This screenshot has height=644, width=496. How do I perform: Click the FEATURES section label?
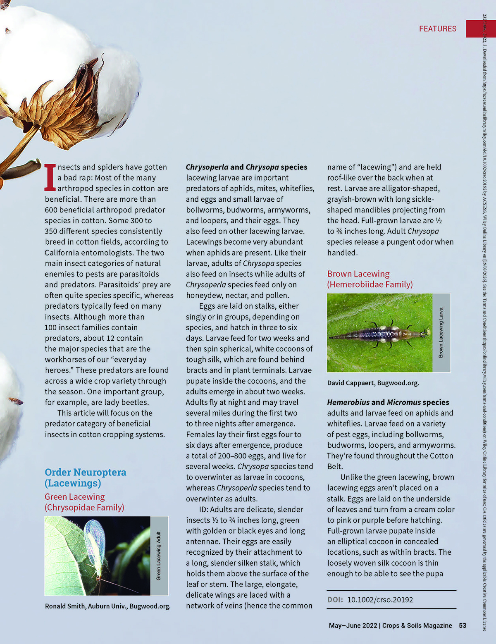click(x=437, y=29)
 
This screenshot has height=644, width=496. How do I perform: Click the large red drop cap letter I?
click(x=50, y=177)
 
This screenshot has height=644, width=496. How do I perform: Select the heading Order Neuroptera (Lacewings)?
click(x=85, y=477)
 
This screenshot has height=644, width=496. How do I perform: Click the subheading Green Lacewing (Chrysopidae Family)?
click(x=84, y=502)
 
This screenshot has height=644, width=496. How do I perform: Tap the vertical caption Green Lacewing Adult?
click(x=159, y=556)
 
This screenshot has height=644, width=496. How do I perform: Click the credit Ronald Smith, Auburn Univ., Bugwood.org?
click(x=107, y=606)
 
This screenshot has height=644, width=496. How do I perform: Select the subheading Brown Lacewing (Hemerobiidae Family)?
click(x=370, y=279)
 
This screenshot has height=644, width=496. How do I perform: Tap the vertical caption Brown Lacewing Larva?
click(x=441, y=333)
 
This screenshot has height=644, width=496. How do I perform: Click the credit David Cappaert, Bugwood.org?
click(x=373, y=383)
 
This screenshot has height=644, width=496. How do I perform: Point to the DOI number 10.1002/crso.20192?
click(x=380, y=599)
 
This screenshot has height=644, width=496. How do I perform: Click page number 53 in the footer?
click(x=463, y=625)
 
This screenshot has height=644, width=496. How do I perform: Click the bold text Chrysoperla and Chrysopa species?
click(x=246, y=167)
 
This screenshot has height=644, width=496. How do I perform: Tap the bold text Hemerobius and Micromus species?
click(x=388, y=402)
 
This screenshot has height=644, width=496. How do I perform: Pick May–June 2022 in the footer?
click(x=353, y=625)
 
